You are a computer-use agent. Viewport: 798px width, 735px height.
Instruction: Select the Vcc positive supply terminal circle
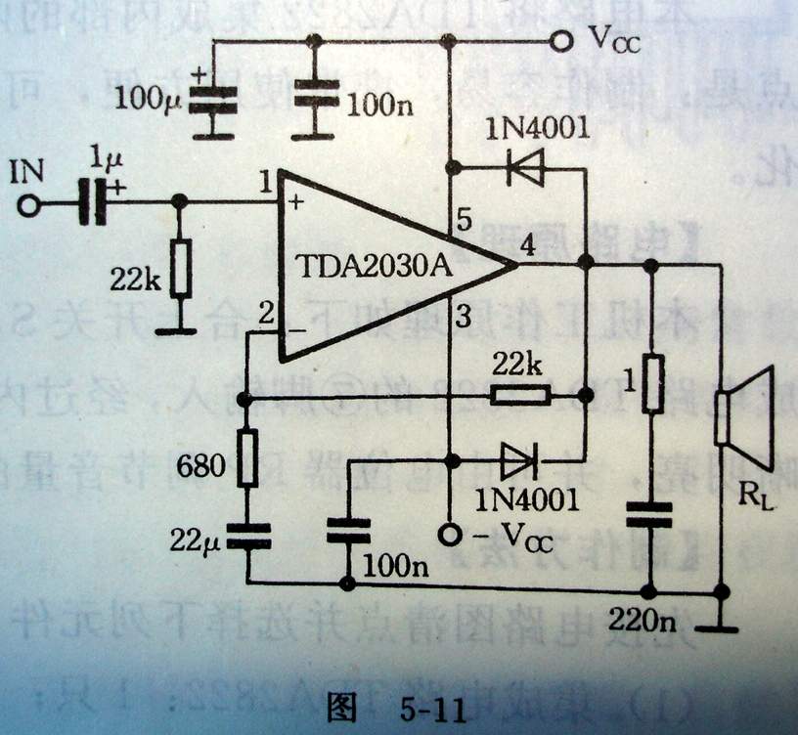pos(560,42)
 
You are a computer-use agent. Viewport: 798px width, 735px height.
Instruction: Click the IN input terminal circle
pos(28,205)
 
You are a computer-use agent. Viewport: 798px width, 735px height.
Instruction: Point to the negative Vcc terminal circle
pos(449,535)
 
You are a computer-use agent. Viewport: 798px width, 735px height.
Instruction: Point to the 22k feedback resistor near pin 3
pos(519,396)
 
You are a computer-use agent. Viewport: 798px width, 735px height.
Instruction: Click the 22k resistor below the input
pos(179,270)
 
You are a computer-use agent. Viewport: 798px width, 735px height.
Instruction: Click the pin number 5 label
pos(465,223)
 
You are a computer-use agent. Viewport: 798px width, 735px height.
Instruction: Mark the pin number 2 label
pos(264,315)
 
